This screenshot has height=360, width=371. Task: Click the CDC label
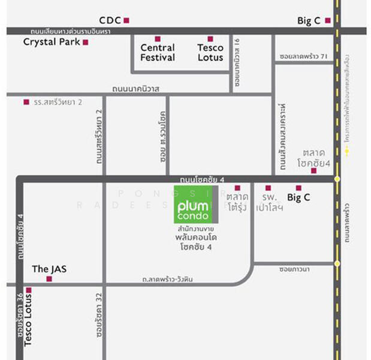click(110, 20)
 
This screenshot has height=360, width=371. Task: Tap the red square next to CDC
click(126, 20)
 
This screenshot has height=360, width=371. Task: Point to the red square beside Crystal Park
click(86, 42)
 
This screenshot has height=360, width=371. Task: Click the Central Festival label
click(158, 52)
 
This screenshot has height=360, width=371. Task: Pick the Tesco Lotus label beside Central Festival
click(210, 52)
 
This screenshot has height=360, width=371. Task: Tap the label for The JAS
click(49, 269)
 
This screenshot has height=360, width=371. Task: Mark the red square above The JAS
click(49, 278)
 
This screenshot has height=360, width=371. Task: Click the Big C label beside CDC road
click(309, 20)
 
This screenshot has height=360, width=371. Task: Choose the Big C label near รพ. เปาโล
click(302, 197)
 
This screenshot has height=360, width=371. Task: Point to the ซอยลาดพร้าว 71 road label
click(303, 56)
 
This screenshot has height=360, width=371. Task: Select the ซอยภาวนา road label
click(294, 269)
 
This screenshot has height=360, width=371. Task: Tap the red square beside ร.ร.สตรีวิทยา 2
click(26, 102)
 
